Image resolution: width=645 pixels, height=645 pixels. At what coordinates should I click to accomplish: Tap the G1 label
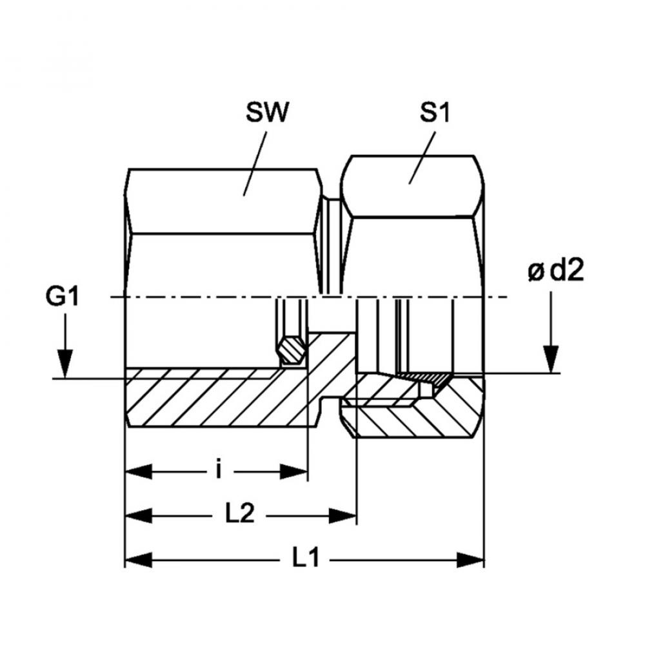[62, 299]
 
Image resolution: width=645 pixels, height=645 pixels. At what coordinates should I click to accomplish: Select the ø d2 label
[555, 272]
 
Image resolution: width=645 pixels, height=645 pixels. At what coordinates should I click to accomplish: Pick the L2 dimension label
[241, 515]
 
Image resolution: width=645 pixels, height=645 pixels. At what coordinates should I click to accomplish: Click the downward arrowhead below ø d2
[551, 357]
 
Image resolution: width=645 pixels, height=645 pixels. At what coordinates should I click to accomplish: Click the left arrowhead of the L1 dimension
[138, 559]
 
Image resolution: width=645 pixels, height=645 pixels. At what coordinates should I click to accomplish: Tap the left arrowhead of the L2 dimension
[138, 515]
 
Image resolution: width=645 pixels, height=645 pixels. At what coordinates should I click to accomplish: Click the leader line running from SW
[255, 161]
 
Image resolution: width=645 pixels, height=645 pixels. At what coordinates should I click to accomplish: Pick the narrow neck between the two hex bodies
[332, 245]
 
